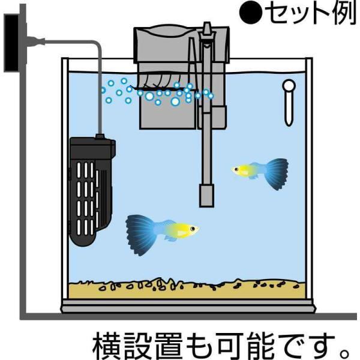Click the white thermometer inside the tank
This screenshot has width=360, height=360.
point(289,102)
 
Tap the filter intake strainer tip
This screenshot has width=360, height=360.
point(206,193)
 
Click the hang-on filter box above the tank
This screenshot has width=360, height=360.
point(162,48)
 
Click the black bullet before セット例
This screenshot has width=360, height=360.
point(253,15)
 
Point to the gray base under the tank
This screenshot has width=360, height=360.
point(186,308)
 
